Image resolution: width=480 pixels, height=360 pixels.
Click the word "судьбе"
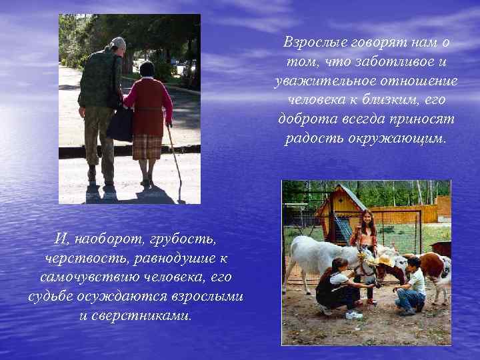coord(51,296)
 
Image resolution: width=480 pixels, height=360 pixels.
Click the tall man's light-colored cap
coord(118,42)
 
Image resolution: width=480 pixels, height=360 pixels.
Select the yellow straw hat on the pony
coord(385,261)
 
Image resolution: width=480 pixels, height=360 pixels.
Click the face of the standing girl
coord(365,218)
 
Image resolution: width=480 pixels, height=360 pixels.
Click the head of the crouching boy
coord(413,263)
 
